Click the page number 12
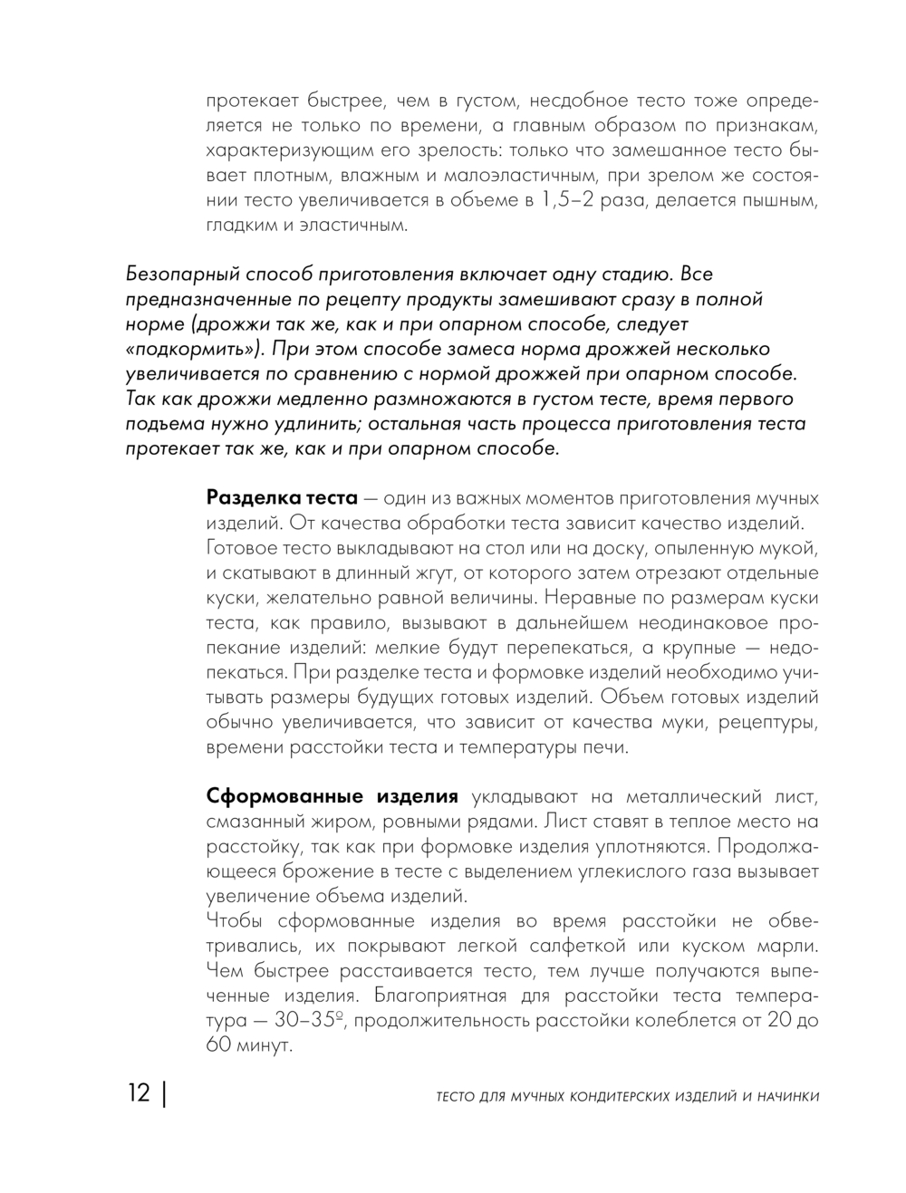139,1093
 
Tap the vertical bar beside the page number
164,1093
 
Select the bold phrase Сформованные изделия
333,796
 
